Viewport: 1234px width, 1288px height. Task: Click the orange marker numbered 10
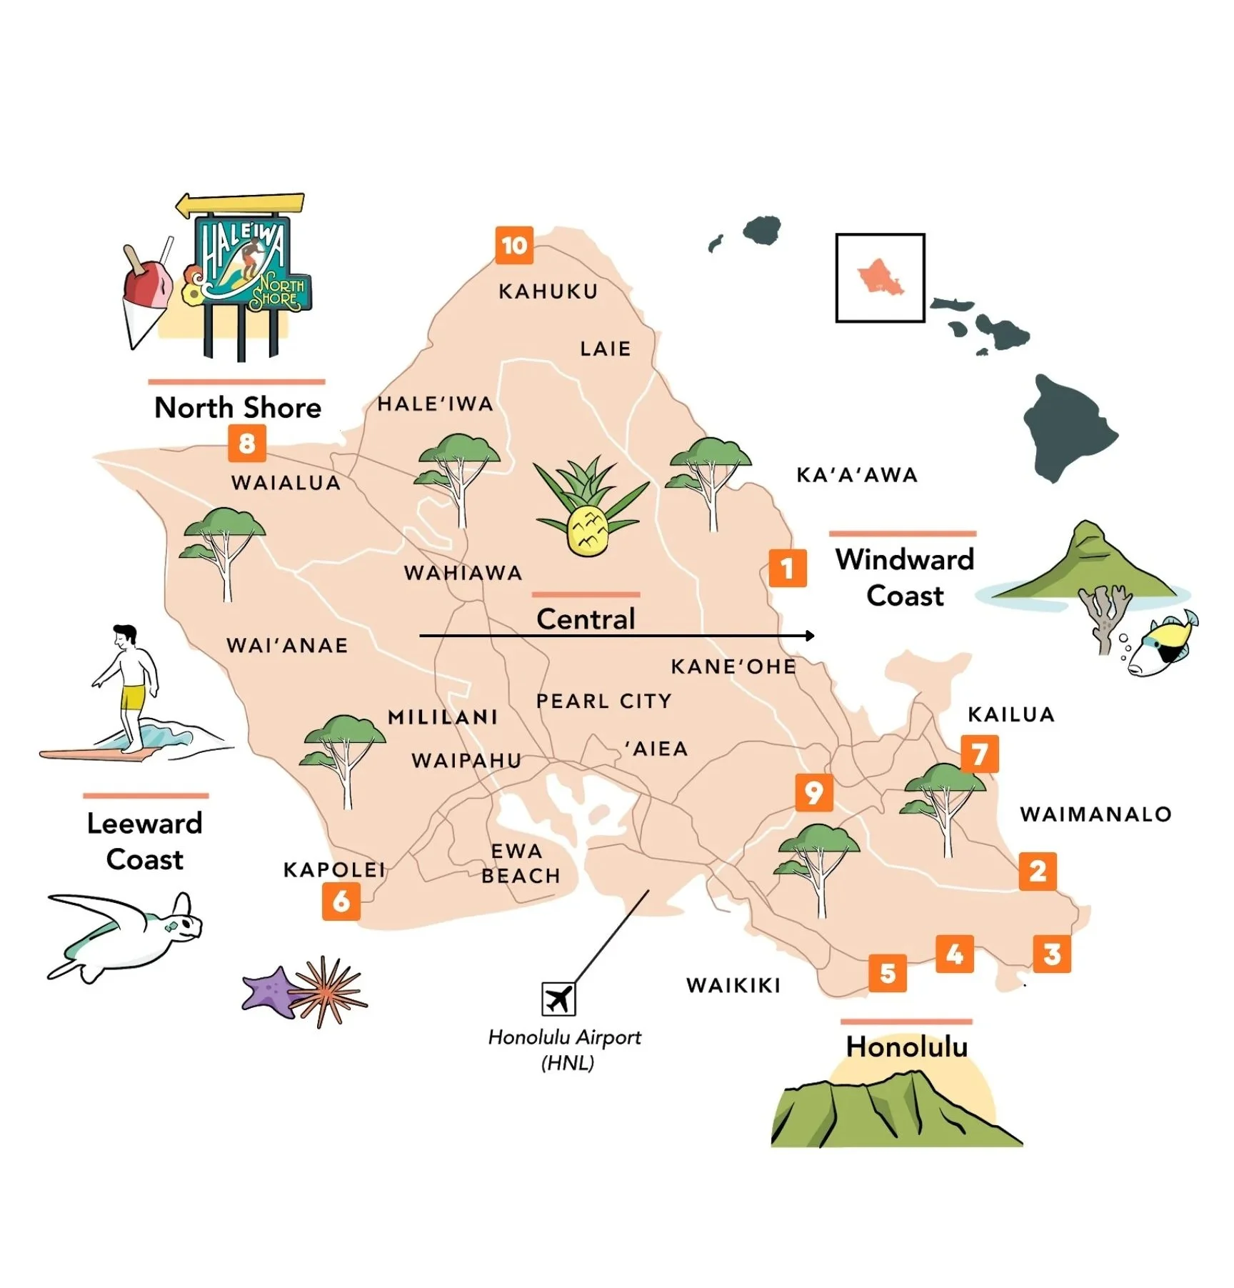tap(513, 245)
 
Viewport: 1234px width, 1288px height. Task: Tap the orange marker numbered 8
tap(246, 443)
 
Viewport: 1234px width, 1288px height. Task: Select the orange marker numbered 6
tap(341, 901)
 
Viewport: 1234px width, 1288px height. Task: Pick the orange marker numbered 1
tap(787, 568)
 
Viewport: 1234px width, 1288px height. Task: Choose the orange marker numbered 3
tap(1051, 954)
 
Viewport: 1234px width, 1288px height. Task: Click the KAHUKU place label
tap(548, 291)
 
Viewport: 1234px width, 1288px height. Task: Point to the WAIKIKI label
tap(733, 985)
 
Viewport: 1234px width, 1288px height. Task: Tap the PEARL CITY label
tap(603, 701)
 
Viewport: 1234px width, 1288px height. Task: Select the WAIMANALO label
tap(1095, 814)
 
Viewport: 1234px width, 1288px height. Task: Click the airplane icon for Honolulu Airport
tap(558, 998)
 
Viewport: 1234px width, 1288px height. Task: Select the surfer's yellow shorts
tap(132, 696)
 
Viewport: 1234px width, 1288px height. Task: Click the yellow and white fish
tap(1160, 645)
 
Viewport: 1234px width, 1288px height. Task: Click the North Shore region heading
tap(238, 407)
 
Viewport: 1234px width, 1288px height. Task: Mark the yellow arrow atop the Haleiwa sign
tap(240, 205)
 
